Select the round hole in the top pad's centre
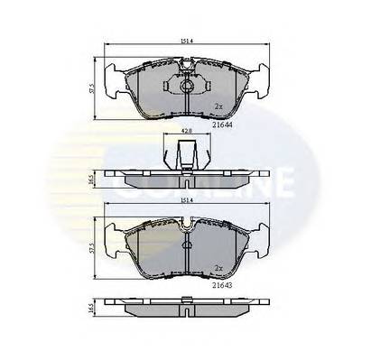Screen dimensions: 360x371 185,88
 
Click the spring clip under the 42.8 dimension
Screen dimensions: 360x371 185,155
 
